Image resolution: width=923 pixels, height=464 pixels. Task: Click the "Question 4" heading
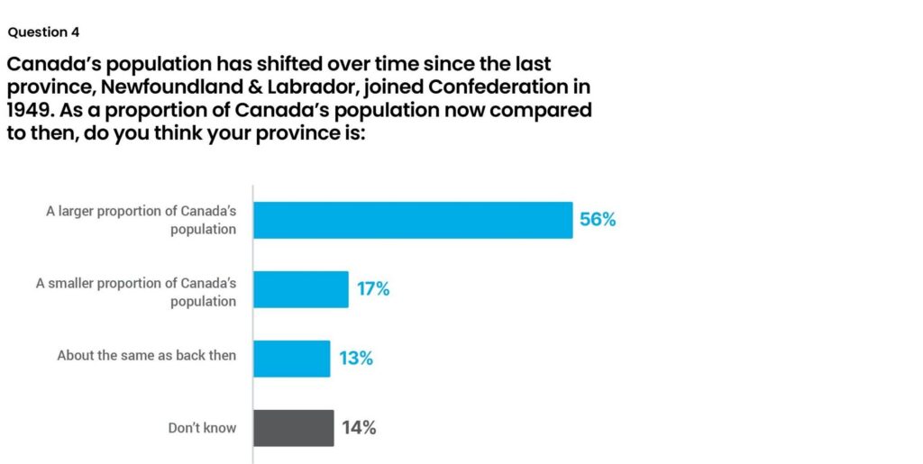(43, 32)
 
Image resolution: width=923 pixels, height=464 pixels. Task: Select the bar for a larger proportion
(412, 220)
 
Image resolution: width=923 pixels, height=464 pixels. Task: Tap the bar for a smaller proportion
(300, 289)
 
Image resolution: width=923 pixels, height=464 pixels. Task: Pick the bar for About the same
(291, 358)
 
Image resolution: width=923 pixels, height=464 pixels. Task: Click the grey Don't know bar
(293, 427)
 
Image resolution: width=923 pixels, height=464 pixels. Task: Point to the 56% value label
(598, 219)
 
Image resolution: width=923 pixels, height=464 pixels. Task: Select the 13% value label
(355, 359)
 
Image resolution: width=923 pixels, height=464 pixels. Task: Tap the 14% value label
(358, 427)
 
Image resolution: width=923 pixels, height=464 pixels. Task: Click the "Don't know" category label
(202, 428)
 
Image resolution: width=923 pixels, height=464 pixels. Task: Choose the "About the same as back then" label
(146, 355)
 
